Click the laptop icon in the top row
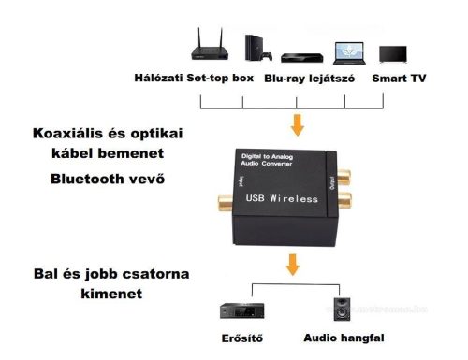(348, 49)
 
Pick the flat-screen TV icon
(393, 50)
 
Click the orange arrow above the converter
(298, 124)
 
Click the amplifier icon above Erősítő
(236, 310)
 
